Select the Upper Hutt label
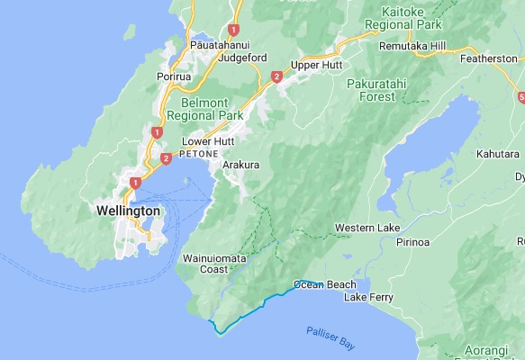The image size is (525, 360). [x=314, y=66]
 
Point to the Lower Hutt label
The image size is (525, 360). [x=207, y=141]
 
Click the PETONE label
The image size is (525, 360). [x=199, y=154]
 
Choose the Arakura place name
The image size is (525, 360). [x=240, y=165]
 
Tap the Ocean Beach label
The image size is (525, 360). [x=325, y=284]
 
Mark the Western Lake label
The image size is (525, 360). [x=367, y=228]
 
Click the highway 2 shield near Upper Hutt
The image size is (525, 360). [x=276, y=77]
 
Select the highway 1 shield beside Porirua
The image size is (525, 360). [x=157, y=131]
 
